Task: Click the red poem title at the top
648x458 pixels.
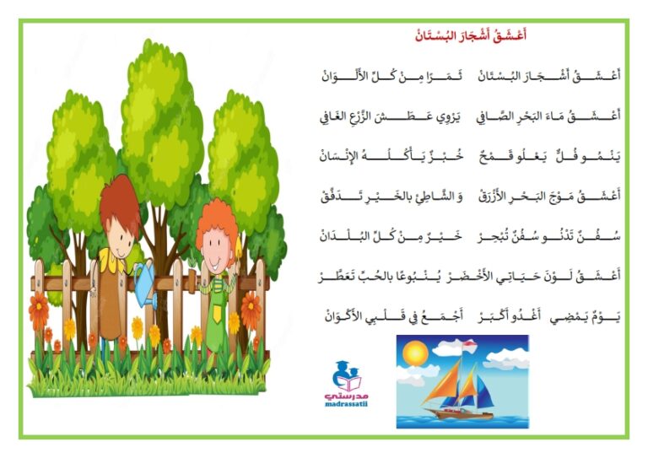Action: pyautogui.click(x=471, y=35)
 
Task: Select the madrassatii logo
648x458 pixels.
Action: pyautogui.click(x=346, y=384)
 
